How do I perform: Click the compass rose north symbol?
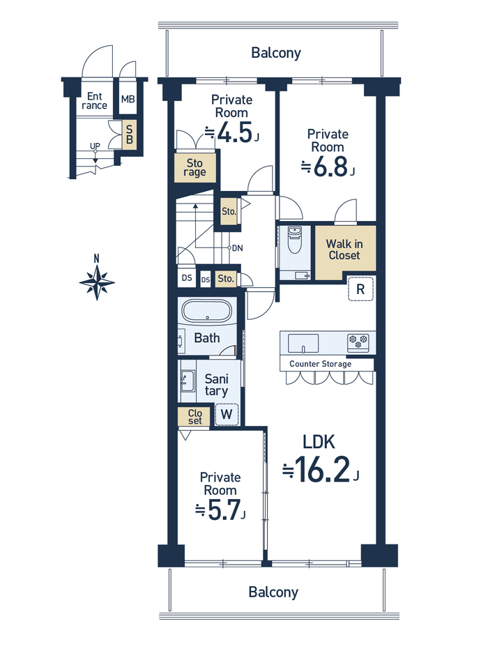pyautogui.click(x=97, y=282)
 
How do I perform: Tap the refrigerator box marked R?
pyautogui.click(x=360, y=289)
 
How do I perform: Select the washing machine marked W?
pyautogui.click(x=227, y=414)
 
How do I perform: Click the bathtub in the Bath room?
pyautogui.click(x=207, y=311)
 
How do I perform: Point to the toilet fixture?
pyautogui.click(x=294, y=240)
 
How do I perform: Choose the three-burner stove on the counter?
pyautogui.click(x=358, y=342)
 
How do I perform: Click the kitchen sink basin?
pyautogui.click(x=303, y=343)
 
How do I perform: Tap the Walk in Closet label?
pyautogui.click(x=344, y=250)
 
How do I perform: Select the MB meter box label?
pyautogui.click(x=128, y=99)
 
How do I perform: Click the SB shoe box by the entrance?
pyautogui.click(x=129, y=135)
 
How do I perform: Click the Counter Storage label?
pyautogui.click(x=320, y=364)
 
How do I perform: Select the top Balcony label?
pyautogui.click(x=276, y=53)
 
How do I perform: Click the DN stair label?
pyautogui.click(x=237, y=248)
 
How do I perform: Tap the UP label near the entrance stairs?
pyautogui.click(x=95, y=146)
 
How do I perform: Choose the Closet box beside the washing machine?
pyautogui.click(x=195, y=416)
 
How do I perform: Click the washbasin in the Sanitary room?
pyautogui.click(x=188, y=381)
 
